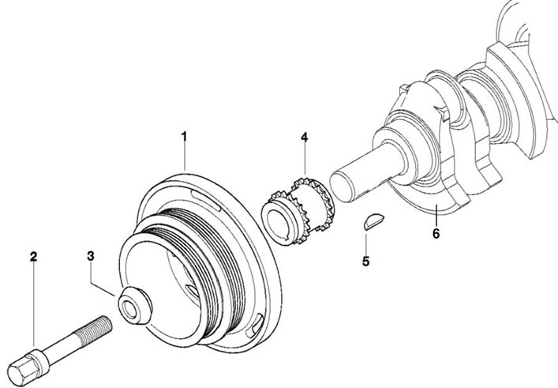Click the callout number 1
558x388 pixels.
pos(184,137)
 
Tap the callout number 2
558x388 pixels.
pos(33,257)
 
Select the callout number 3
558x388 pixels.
pos(91,256)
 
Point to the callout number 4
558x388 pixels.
pos(305,137)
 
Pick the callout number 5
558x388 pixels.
pos(366,261)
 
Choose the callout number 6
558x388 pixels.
pos(436,234)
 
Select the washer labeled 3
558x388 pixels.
pos(135,305)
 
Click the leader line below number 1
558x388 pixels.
pos(185,156)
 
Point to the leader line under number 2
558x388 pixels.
pos(34,304)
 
